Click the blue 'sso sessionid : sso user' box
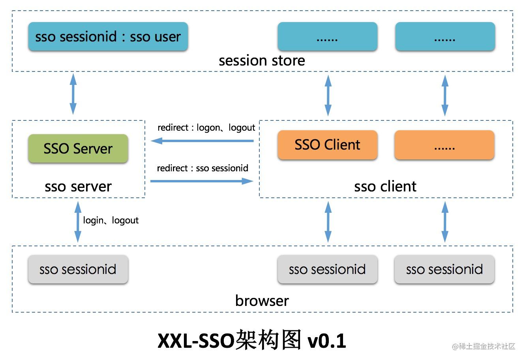click(x=108, y=36)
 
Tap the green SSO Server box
click(x=78, y=148)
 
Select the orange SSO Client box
click(x=327, y=144)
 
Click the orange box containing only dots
click(x=444, y=144)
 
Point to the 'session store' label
click(x=262, y=60)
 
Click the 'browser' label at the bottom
click(x=262, y=300)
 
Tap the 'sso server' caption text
click(x=78, y=186)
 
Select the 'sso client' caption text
click(x=385, y=186)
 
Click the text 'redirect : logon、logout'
click(x=206, y=127)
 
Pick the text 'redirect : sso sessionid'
click(x=202, y=168)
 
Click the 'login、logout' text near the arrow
click(x=111, y=220)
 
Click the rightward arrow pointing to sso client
click(x=201, y=181)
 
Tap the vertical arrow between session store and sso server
click(x=73, y=94)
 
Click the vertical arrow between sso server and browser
click(x=78, y=221)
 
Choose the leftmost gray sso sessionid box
click(x=78, y=269)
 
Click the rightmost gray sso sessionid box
click(x=444, y=269)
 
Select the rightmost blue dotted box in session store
click(x=445, y=36)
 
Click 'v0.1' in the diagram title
click(x=326, y=340)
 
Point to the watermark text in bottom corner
click(x=484, y=347)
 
